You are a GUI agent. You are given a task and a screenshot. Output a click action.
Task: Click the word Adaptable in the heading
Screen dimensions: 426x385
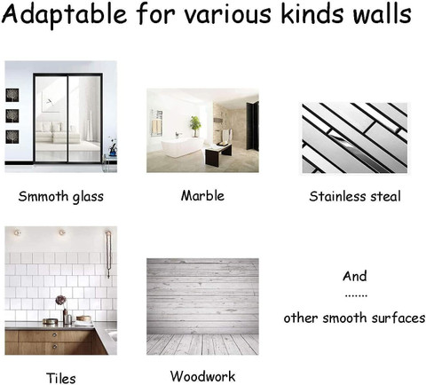click(65, 15)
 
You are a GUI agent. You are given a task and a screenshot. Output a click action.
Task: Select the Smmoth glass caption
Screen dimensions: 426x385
click(61, 196)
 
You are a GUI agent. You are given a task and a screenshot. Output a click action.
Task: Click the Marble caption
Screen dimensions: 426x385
click(202, 196)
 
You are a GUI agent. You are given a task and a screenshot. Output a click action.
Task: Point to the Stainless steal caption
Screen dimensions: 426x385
click(355, 196)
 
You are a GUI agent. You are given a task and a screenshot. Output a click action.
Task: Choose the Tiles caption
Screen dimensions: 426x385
click(61, 378)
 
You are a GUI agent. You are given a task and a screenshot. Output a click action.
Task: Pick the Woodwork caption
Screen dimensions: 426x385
click(202, 376)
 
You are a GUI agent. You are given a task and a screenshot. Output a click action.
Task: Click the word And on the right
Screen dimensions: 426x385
click(355, 276)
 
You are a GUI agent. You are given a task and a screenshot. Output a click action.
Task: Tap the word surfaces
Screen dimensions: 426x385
click(398, 318)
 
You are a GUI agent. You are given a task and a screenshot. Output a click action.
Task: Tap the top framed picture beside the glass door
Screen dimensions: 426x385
click(12, 95)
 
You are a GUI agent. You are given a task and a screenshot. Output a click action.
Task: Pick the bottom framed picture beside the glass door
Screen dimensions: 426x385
click(12, 137)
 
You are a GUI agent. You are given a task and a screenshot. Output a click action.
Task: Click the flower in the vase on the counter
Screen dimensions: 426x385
click(61, 300)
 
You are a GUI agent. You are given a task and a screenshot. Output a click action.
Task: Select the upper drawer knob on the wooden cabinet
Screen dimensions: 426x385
click(54, 335)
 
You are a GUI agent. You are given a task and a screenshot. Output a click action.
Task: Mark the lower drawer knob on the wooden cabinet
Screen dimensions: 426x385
click(54, 346)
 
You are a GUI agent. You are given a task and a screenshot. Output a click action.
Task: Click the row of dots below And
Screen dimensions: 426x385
click(356, 295)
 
